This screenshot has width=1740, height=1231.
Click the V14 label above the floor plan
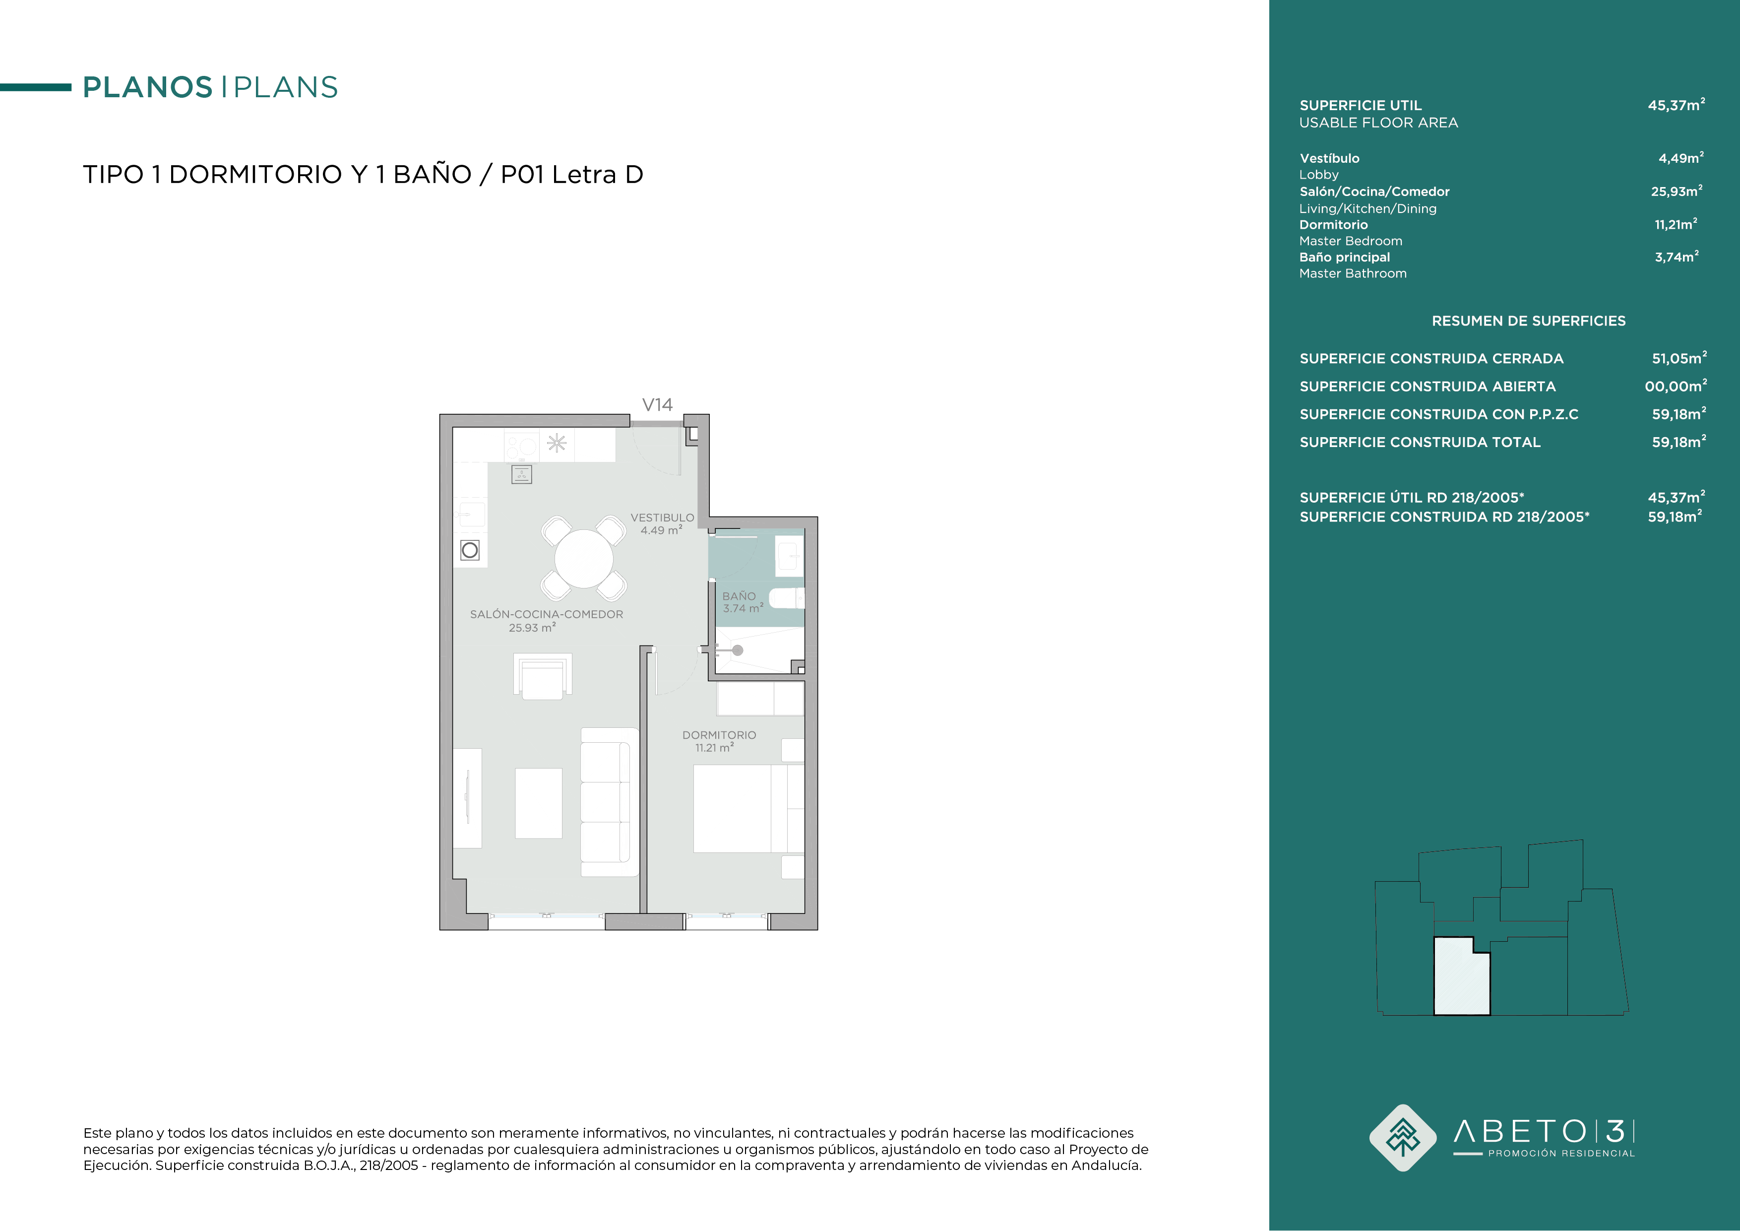click(657, 405)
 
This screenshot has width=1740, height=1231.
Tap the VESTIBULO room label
click(662, 518)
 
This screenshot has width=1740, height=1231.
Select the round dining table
click(583, 559)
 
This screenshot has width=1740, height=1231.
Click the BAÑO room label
click(739, 596)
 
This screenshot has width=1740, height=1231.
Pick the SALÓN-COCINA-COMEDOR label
click(547, 615)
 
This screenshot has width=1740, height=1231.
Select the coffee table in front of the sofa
click(539, 803)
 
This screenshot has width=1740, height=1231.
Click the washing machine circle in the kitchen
click(470, 550)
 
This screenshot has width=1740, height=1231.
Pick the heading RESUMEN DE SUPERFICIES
click(1529, 321)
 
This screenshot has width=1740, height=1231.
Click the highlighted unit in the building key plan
click(1462, 976)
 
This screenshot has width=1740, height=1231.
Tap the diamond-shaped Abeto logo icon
click(1403, 1138)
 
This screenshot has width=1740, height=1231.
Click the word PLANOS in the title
click(148, 87)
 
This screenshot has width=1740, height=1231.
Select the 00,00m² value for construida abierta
click(1676, 386)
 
